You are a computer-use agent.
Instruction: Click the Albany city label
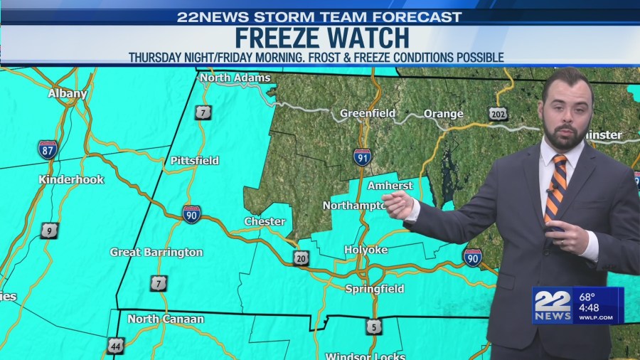pyautogui.click(x=68, y=93)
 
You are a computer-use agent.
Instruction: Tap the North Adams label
pyautogui.click(x=235, y=78)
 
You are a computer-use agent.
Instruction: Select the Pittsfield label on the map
pyautogui.click(x=194, y=161)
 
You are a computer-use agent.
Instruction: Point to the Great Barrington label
pyautogui.click(x=156, y=252)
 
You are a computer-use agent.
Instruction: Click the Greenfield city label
pyautogui.click(x=367, y=113)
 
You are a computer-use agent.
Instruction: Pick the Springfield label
pyautogui.click(x=374, y=289)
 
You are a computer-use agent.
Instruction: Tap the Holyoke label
pyautogui.click(x=366, y=250)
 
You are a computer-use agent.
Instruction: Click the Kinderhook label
pyautogui.click(x=71, y=179)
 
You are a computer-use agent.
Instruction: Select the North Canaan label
pyautogui.click(x=166, y=319)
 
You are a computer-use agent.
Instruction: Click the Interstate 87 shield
pyautogui.click(x=48, y=149)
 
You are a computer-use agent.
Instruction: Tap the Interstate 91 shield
pyautogui.click(x=362, y=157)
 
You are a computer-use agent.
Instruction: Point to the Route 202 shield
pyautogui.click(x=498, y=113)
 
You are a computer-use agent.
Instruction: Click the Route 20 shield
pyautogui.click(x=302, y=258)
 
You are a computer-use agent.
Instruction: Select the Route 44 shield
pyautogui.click(x=116, y=346)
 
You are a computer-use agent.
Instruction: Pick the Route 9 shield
pyautogui.click(x=49, y=230)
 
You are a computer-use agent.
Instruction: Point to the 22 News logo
pyautogui.click(x=552, y=306)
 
